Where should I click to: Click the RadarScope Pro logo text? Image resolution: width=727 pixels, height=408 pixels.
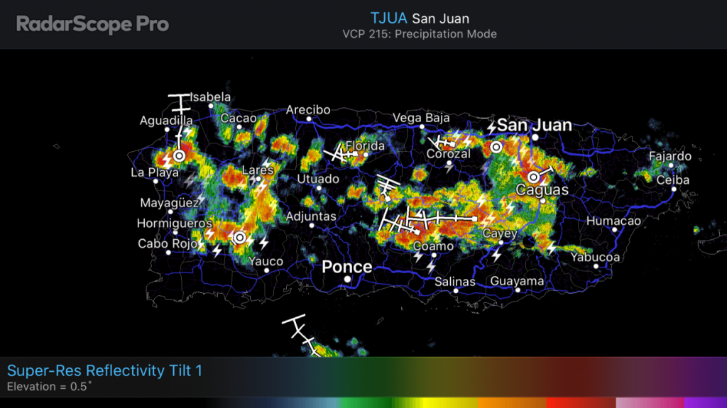(x=92, y=25)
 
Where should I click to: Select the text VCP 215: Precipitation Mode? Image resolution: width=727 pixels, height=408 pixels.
(x=420, y=34)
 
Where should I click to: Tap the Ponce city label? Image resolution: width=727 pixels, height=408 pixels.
(x=346, y=267)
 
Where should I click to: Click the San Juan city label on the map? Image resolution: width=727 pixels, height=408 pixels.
(x=534, y=126)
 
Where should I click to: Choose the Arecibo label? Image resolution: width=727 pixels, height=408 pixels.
(x=308, y=110)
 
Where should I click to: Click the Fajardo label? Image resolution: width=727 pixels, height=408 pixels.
(x=669, y=156)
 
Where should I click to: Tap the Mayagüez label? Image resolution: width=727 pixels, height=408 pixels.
(x=168, y=203)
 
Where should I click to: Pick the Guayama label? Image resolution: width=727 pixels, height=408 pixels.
(x=517, y=281)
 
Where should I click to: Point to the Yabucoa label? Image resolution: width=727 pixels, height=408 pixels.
(x=595, y=257)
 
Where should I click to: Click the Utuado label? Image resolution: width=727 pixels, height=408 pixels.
(x=318, y=179)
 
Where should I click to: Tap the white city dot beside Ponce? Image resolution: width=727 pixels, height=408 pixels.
(x=347, y=280)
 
